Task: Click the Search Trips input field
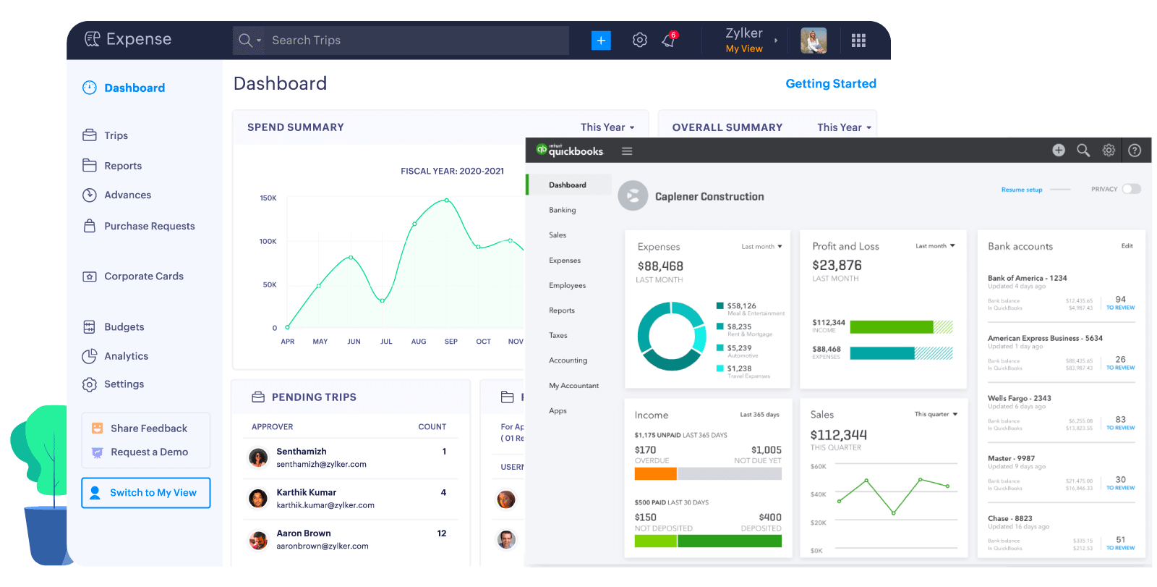pyautogui.click(x=405, y=41)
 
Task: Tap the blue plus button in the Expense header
pyautogui.click(x=601, y=41)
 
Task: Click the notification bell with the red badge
pyautogui.click(x=668, y=41)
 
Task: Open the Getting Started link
pyautogui.click(x=830, y=84)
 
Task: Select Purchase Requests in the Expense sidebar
pyautogui.click(x=149, y=226)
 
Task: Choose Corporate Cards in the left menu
pyautogui.click(x=143, y=276)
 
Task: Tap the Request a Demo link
pyautogui.click(x=149, y=452)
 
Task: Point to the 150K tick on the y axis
pyautogui.click(x=268, y=198)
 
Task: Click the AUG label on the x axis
pyautogui.click(x=419, y=342)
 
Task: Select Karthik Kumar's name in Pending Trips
pyautogui.click(x=306, y=493)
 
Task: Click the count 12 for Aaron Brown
pyautogui.click(x=442, y=533)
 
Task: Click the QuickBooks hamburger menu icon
pyautogui.click(x=627, y=151)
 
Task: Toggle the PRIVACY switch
pyautogui.click(x=1131, y=189)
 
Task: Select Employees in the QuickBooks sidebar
pyautogui.click(x=567, y=285)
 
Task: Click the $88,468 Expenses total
pyautogui.click(x=660, y=266)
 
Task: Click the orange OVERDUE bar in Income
pyautogui.click(x=655, y=474)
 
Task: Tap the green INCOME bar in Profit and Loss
pyautogui.click(x=891, y=327)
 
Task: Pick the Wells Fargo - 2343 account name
pyautogui.click(x=1019, y=399)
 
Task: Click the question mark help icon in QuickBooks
pyautogui.click(x=1135, y=151)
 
